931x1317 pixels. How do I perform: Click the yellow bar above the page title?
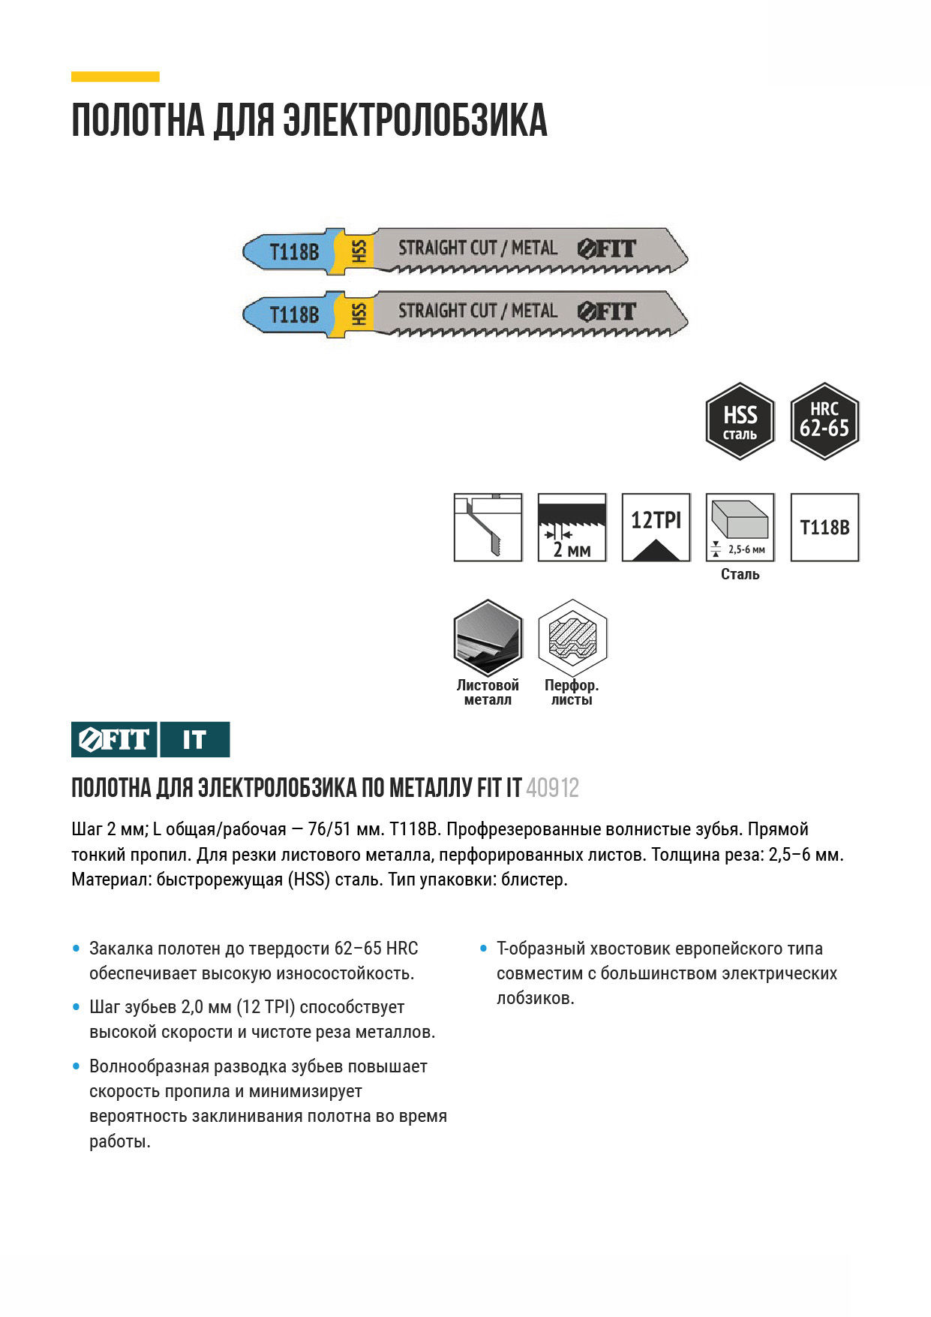(x=115, y=77)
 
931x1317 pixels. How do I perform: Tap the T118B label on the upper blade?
(x=294, y=251)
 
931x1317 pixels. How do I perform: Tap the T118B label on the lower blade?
(x=294, y=314)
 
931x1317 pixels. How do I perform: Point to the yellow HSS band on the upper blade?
(x=359, y=251)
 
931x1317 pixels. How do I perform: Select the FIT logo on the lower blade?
(x=607, y=311)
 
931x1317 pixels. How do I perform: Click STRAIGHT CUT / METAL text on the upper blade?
(x=477, y=248)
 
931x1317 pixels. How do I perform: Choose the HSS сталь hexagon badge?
(x=740, y=421)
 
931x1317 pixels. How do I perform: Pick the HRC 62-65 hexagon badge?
(x=824, y=421)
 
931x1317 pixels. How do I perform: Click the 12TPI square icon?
(x=656, y=527)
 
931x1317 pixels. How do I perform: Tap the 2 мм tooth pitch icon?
(x=572, y=527)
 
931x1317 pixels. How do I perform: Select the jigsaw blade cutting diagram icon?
(x=488, y=527)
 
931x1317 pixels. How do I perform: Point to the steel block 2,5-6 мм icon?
(x=740, y=527)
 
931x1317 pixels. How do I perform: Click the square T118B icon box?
(x=824, y=527)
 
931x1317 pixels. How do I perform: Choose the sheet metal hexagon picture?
(x=488, y=638)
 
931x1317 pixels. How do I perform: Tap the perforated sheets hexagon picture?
(x=572, y=638)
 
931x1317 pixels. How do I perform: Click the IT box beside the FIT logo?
(x=194, y=740)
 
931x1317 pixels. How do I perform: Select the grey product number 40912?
(x=553, y=788)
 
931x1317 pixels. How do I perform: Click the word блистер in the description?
(x=533, y=880)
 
